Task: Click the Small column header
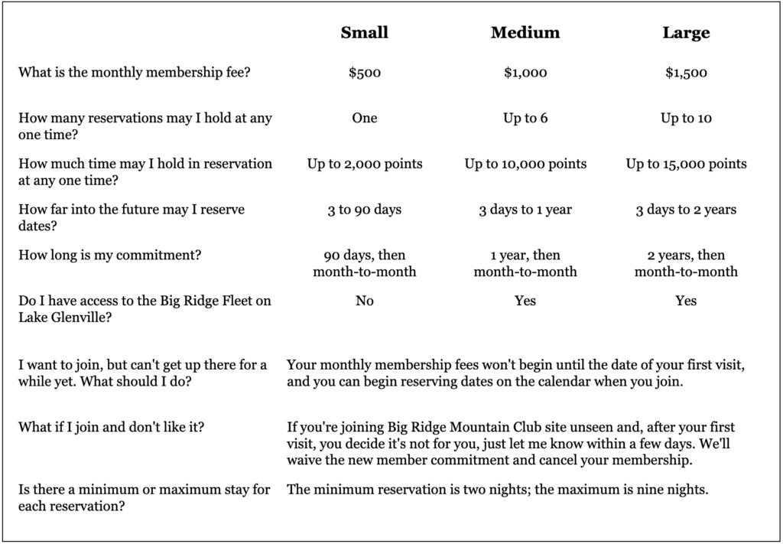pos(365,33)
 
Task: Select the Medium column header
pos(525,33)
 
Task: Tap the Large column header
pos(686,33)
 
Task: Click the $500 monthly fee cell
pos(365,73)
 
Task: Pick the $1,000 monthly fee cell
pos(525,73)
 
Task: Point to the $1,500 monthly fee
pos(686,73)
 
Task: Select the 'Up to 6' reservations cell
pos(525,119)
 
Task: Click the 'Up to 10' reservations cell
pos(686,119)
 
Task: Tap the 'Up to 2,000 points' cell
pos(365,164)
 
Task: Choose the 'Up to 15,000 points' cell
pos(686,164)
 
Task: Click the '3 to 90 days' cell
pos(365,210)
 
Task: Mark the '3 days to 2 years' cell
pos(686,210)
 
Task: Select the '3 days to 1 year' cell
pos(525,210)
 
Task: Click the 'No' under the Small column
pos(365,301)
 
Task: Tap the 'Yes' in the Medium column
pos(525,301)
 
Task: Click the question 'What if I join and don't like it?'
pos(118,427)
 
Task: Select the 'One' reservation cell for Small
pos(365,119)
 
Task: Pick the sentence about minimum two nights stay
pos(497,490)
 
